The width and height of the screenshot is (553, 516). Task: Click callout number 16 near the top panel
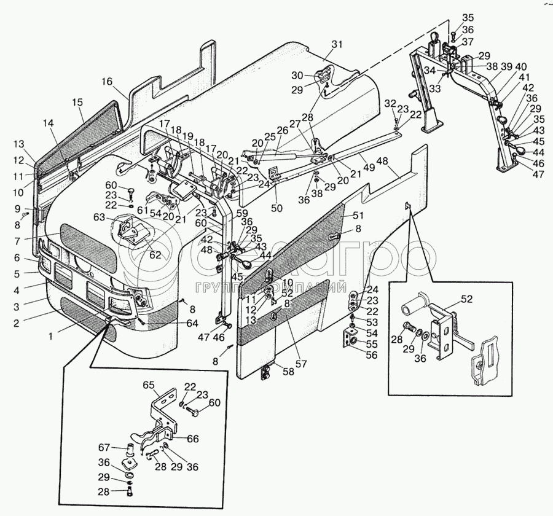108,81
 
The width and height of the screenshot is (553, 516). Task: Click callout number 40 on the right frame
521,66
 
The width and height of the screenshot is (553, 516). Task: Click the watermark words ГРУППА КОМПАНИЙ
271,287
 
